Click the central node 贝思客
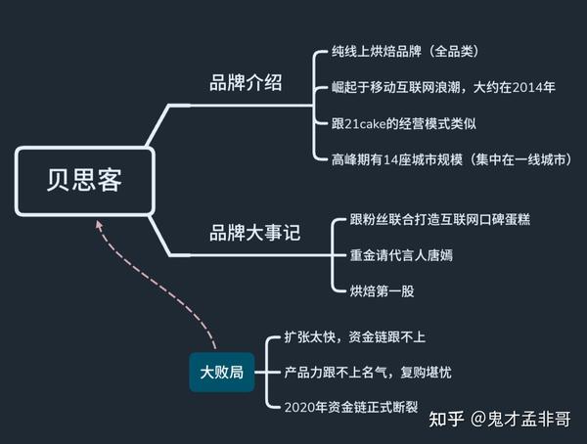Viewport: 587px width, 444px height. point(84,181)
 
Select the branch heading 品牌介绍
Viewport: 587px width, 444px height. point(246,82)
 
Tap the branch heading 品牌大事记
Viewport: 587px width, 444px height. point(255,233)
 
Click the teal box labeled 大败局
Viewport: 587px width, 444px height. point(222,373)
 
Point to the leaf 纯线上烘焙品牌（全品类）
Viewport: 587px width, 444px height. point(405,51)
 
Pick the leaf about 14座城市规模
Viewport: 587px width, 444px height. point(452,159)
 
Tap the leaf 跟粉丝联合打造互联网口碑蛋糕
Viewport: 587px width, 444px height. point(440,219)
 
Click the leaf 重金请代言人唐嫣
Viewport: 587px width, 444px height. point(401,255)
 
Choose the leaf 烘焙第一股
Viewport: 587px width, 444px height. point(382,291)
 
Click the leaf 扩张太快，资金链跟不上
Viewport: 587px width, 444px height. point(355,337)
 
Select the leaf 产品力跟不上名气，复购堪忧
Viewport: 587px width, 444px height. point(368,373)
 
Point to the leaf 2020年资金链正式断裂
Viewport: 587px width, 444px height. point(351,407)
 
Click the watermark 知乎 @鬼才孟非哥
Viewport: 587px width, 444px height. point(500,419)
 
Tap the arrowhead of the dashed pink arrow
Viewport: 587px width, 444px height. point(99,224)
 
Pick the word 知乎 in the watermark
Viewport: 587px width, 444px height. point(446,419)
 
